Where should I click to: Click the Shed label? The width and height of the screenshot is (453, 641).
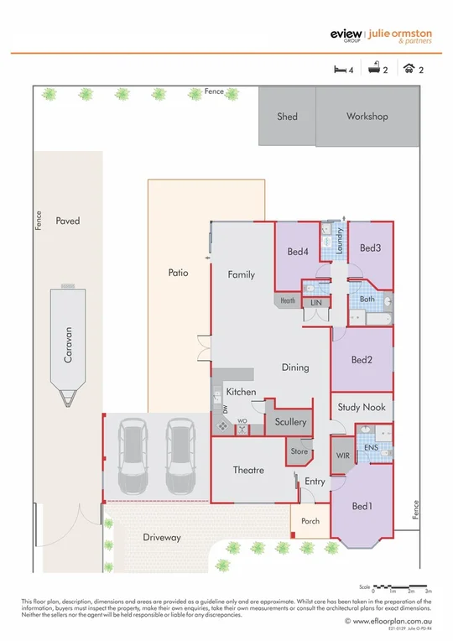click(x=287, y=117)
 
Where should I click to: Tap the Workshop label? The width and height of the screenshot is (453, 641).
click(x=367, y=117)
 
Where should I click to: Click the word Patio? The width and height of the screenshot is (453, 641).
click(x=177, y=273)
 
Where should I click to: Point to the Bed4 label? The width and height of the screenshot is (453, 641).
click(x=297, y=252)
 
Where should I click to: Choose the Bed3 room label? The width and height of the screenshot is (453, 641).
click(x=370, y=248)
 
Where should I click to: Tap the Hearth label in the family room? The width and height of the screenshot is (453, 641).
click(x=288, y=300)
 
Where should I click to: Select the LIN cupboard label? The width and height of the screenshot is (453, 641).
click(x=315, y=302)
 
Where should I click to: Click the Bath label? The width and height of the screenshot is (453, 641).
click(x=367, y=299)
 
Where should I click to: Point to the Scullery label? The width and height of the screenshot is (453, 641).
click(x=290, y=422)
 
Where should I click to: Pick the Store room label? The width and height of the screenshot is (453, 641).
click(x=299, y=451)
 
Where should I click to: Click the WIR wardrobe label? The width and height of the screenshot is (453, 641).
click(x=342, y=454)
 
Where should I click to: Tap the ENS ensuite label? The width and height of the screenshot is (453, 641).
click(x=370, y=449)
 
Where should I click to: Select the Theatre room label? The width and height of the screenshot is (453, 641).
click(x=248, y=470)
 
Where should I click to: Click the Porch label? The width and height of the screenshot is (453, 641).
click(x=310, y=521)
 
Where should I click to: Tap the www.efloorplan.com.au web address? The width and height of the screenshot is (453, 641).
click(x=393, y=621)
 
